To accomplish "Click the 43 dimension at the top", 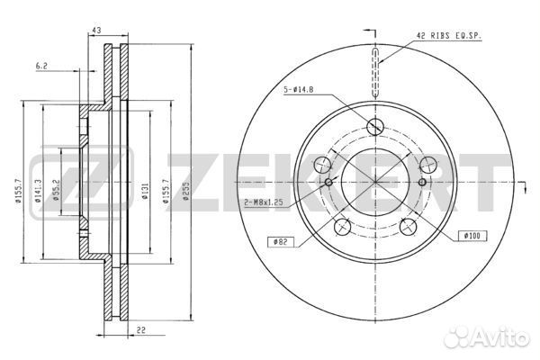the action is [x=96, y=31].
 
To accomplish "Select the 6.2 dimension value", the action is [x=41, y=66].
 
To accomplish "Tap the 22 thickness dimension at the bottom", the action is [x=141, y=330].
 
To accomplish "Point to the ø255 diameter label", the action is [x=186, y=192].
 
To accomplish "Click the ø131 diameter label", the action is [x=145, y=191].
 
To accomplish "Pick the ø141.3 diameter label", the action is [x=38, y=191].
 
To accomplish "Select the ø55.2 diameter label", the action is [x=56, y=190].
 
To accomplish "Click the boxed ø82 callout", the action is [x=282, y=242].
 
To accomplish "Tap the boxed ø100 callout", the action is [x=473, y=236].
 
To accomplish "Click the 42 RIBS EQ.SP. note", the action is [x=449, y=35].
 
